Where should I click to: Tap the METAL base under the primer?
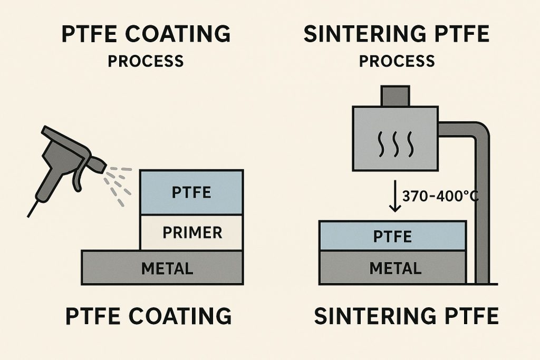pos(162,268)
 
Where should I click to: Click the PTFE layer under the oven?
pos(392,236)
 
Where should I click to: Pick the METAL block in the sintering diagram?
pos(392,268)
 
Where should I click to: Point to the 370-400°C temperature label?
pos(440,196)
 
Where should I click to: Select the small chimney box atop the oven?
pos(396,96)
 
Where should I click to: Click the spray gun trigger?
pos(78,177)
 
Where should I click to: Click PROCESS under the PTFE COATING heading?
pos(146,61)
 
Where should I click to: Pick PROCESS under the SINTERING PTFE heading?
pos(397,61)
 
